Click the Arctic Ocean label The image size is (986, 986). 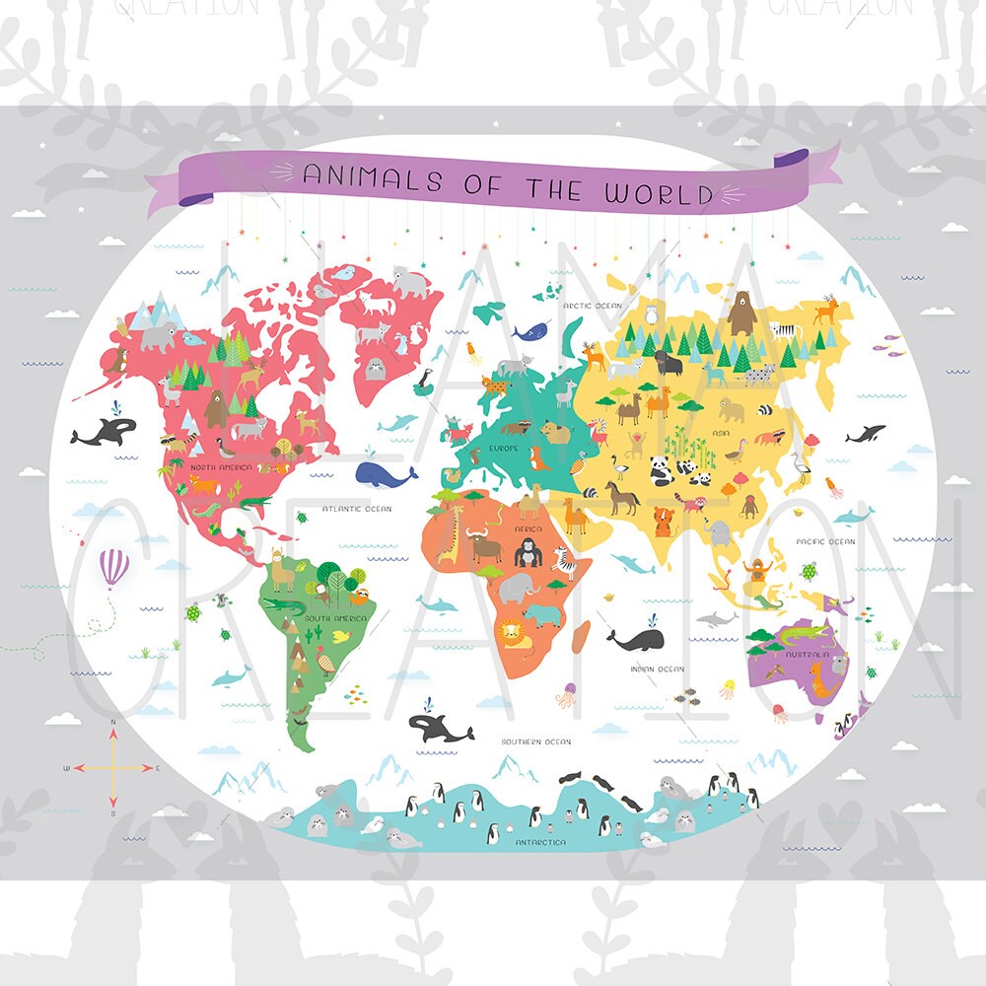pos(593,306)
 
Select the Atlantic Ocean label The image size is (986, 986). pos(357,509)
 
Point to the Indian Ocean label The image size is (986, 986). pos(657,669)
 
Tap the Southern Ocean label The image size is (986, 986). pos(535,741)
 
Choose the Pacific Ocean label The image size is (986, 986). pos(825,541)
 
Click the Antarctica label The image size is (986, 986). pos(540,842)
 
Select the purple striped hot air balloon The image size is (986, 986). pos(114,568)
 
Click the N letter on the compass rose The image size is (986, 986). pos(113,723)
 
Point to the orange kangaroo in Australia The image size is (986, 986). pos(818,679)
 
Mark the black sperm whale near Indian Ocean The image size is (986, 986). pos(631,640)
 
